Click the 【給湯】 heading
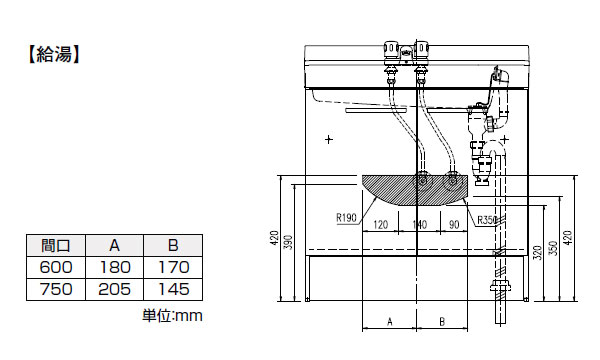[x=53, y=54]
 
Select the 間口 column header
[x=56, y=245]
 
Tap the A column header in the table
[x=114, y=245]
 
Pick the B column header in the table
[x=173, y=245]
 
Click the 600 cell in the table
[x=56, y=267]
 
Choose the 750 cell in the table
[x=56, y=289]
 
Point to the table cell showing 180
[x=114, y=267]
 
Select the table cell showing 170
[x=173, y=267]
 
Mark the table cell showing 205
[x=114, y=289]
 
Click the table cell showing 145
[x=173, y=289]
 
